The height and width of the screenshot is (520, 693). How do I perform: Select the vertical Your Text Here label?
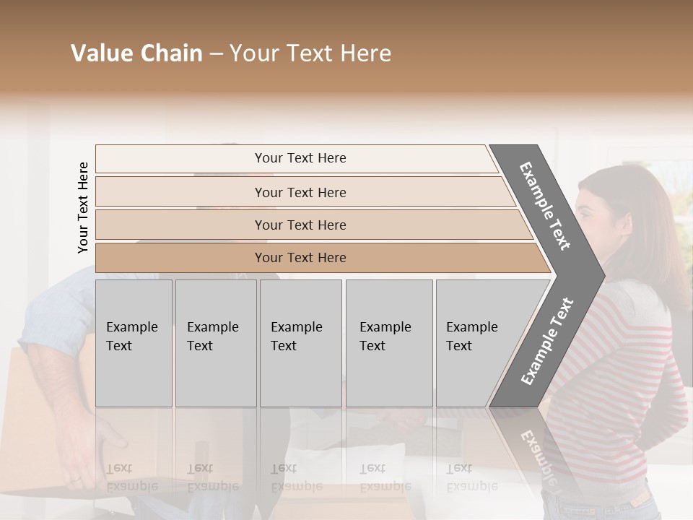pyautogui.click(x=84, y=207)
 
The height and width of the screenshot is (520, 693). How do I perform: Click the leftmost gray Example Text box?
pyautogui.click(x=134, y=343)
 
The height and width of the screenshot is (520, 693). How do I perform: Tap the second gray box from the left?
pyautogui.click(x=216, y=343)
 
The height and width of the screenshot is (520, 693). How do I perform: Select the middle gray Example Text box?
pyautogui.click(x=300, y=343)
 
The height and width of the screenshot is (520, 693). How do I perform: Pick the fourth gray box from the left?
pyautogui.click(x=389, y=343)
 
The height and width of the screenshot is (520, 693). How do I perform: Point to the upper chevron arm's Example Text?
pyautogui.click(x=545, y=206)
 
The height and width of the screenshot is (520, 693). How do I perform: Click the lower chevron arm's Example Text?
pyautogui.click(x=547, y=341)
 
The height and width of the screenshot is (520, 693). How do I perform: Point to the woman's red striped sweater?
pyautogui.click(x=635, y=361)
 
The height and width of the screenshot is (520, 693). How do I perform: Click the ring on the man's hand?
pyautogui.click(x=76, y=477)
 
